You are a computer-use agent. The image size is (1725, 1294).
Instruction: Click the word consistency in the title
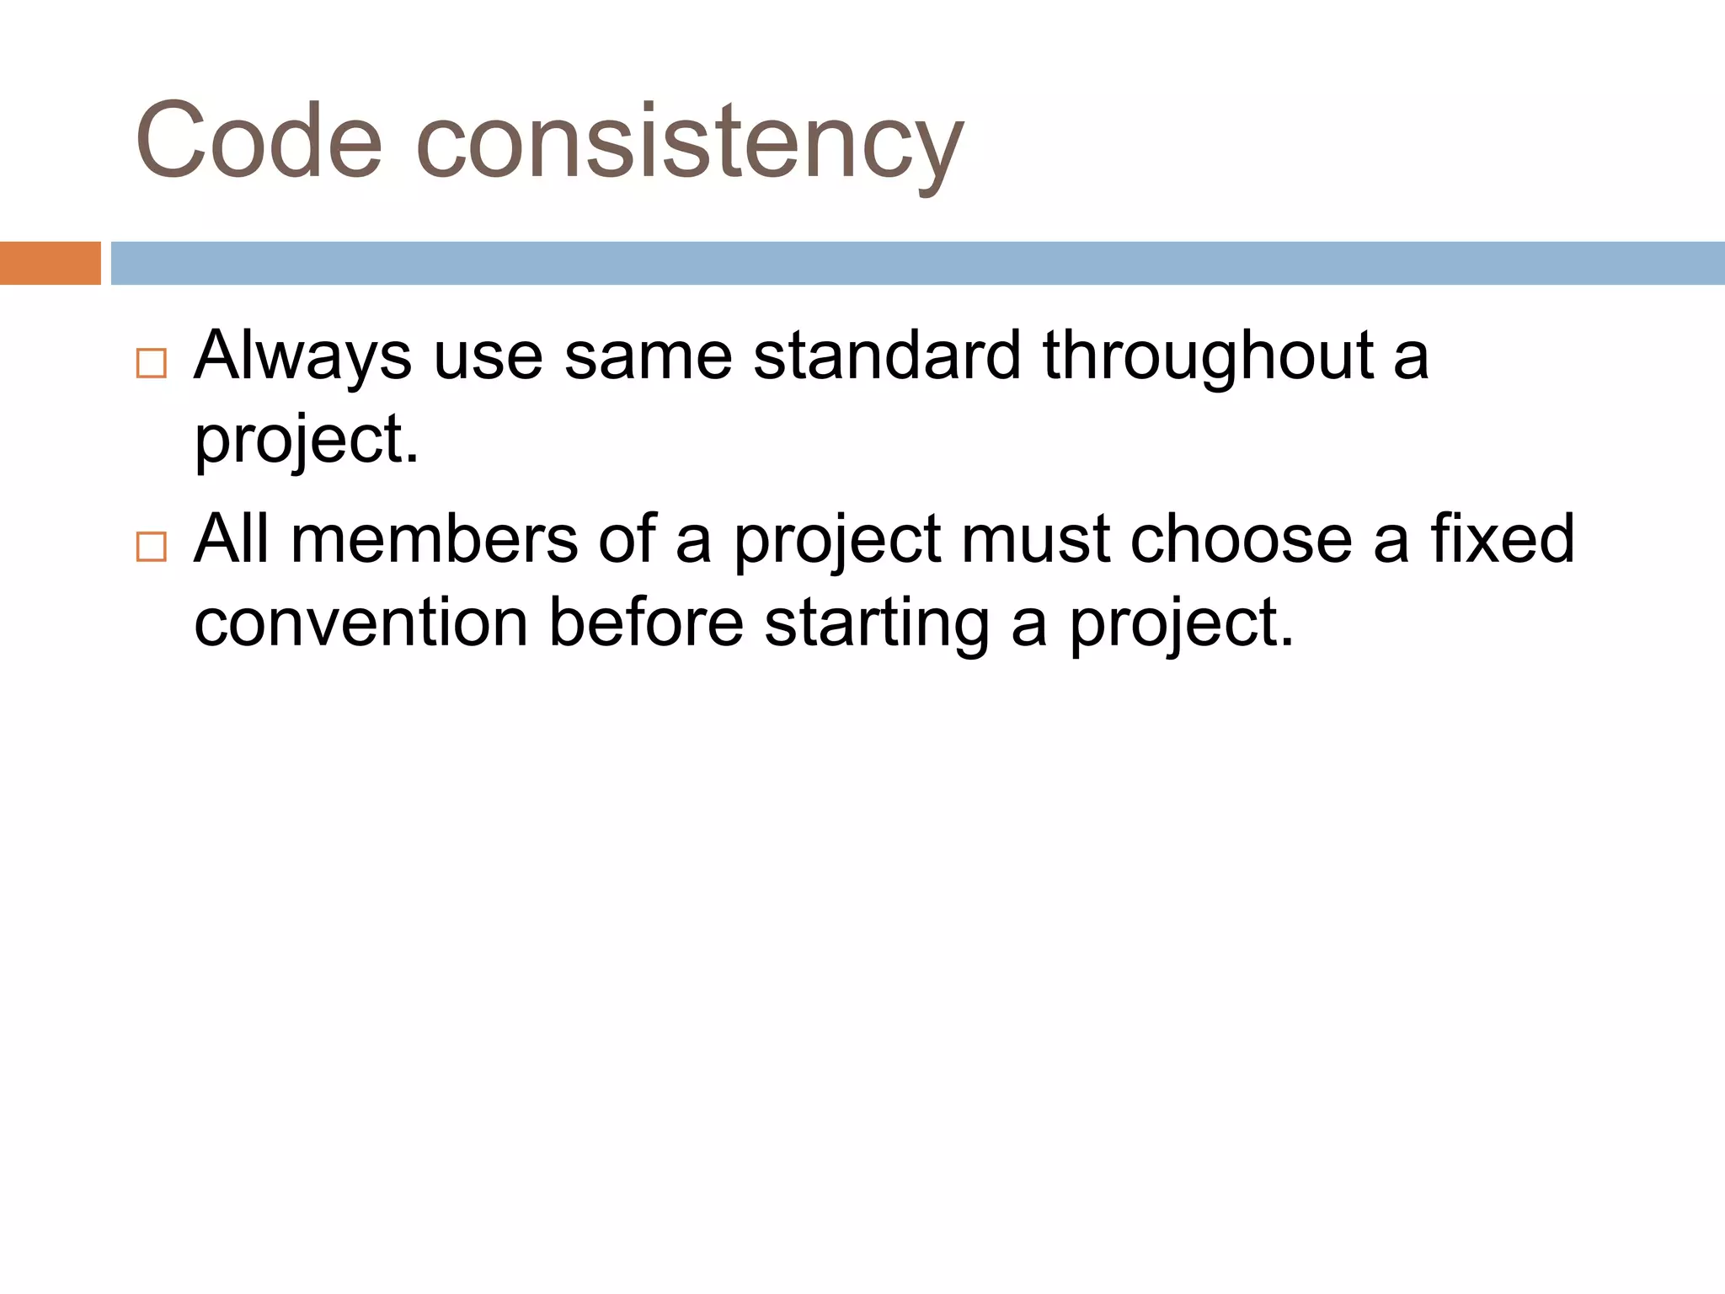click(689, 143)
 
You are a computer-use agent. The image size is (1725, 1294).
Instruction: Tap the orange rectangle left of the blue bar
click(50, 263)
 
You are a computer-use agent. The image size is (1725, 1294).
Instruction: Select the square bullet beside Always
click(152, 364)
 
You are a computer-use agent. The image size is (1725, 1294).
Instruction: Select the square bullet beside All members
click(152, 548)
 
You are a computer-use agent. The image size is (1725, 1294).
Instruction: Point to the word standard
click(887, 356)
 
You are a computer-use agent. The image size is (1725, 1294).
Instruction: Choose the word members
click(434, 539)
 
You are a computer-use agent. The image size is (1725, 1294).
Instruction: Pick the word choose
click(1241, 539)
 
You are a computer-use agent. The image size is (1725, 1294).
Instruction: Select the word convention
click(360, 623)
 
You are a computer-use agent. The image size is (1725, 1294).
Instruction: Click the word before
click(646, 623)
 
